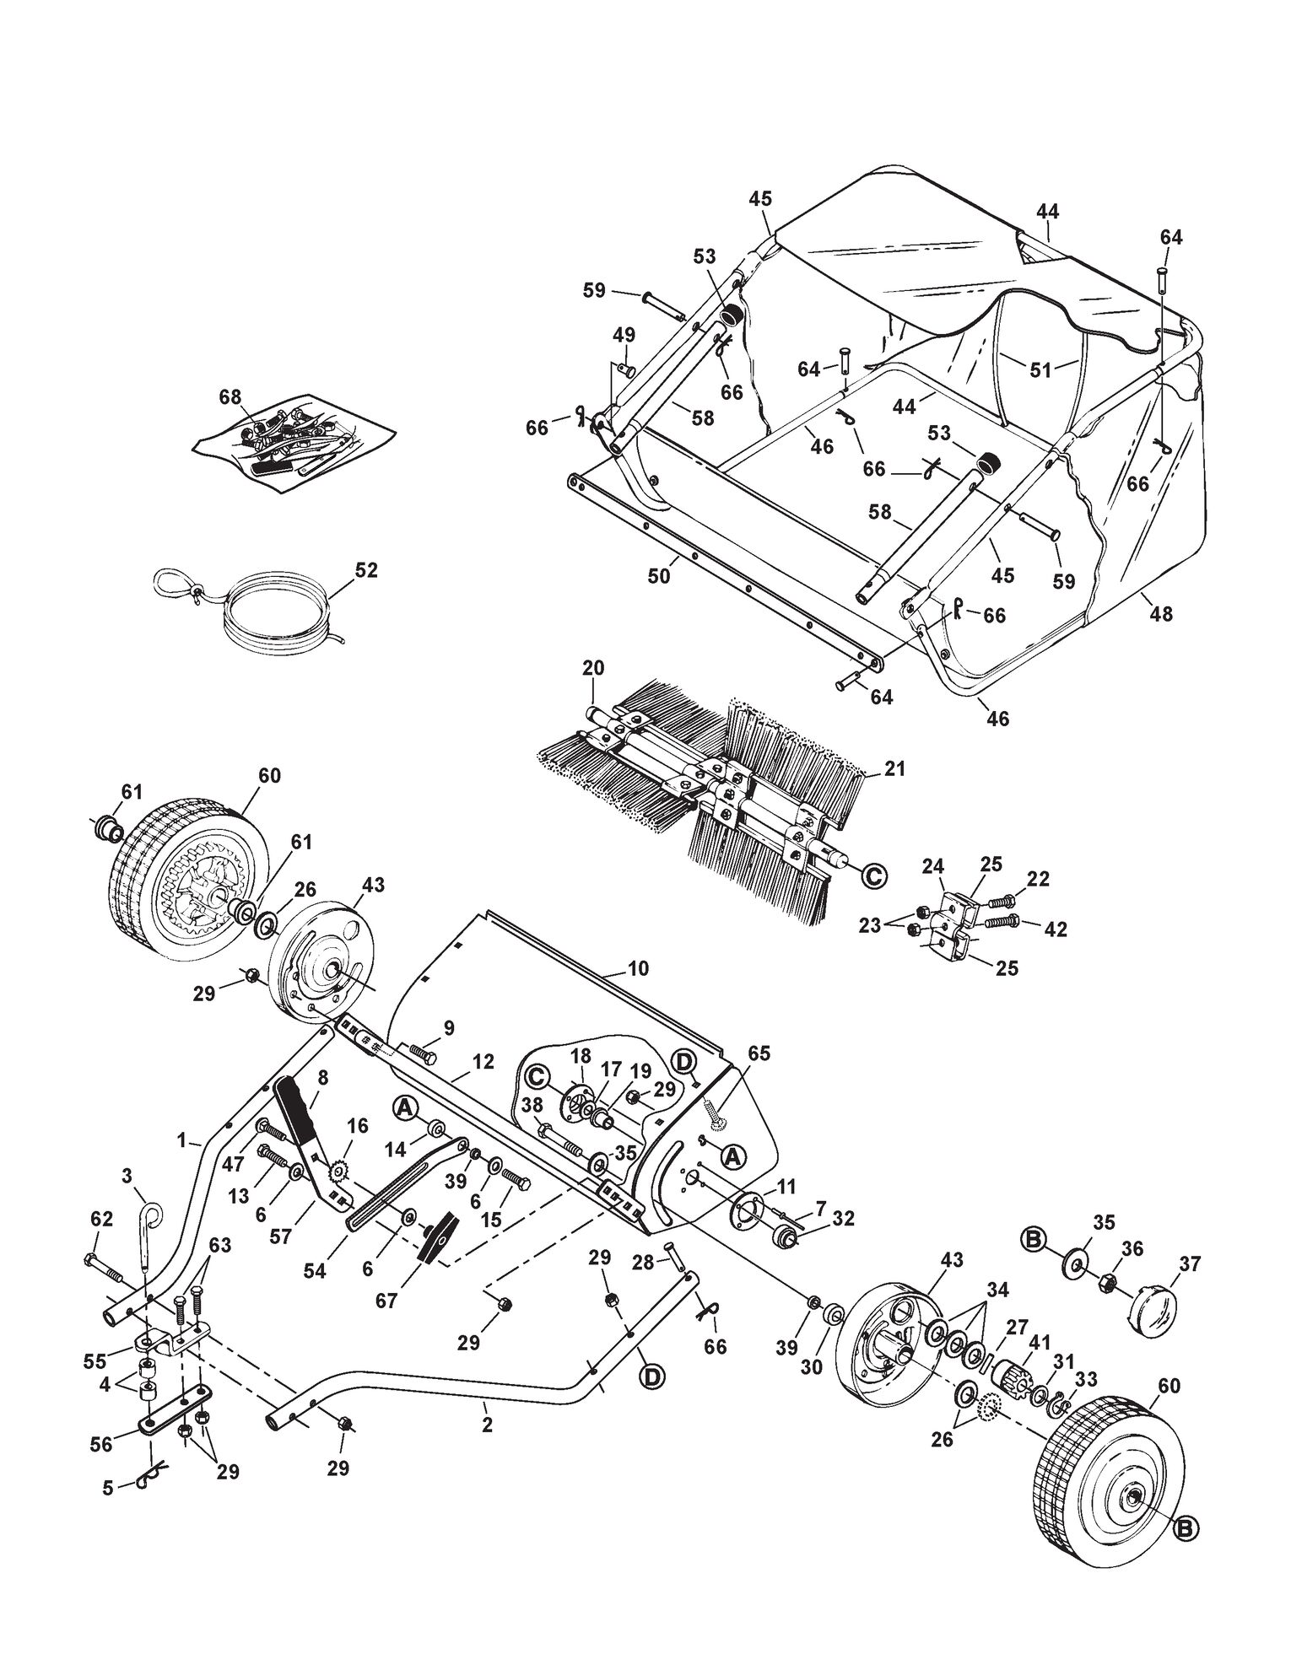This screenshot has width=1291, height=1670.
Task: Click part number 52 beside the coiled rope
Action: click(x=366, y=570)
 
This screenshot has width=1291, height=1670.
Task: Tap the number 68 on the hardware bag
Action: click(x=230, y=396)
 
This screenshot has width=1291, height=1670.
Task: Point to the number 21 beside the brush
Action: click(x=894, y=768)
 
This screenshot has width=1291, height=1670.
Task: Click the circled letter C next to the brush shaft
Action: click(x=874, y=877)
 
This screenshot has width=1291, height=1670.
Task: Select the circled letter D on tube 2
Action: click(x=651, y=1378)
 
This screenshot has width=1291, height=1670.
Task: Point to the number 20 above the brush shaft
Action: click(x=593, y=668)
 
